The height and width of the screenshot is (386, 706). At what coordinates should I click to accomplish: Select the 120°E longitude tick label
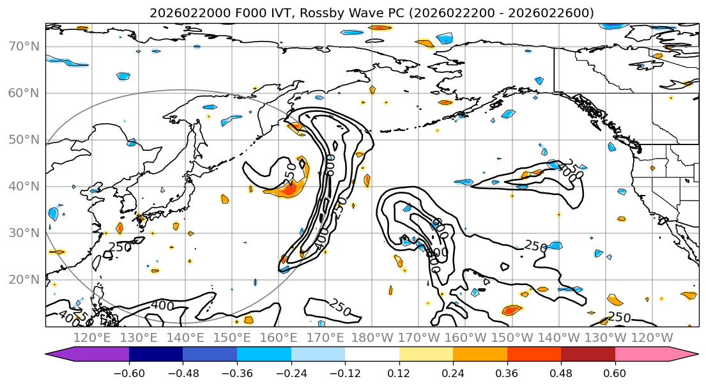click(92, 338)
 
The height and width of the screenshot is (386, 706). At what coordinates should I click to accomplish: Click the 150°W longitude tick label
click(512, 338)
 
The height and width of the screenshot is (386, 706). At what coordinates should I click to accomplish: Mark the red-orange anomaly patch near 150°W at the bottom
click(511, 311)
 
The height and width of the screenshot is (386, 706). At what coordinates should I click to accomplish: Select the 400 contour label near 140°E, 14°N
click(162, 305)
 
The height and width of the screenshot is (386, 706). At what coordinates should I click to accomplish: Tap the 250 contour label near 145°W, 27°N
click(535, 246)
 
